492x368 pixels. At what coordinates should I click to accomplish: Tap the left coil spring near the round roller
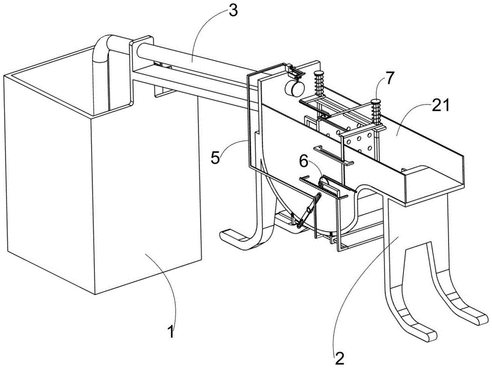(x=319, y=83)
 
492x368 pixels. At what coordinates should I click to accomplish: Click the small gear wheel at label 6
(x=325, y=183)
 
